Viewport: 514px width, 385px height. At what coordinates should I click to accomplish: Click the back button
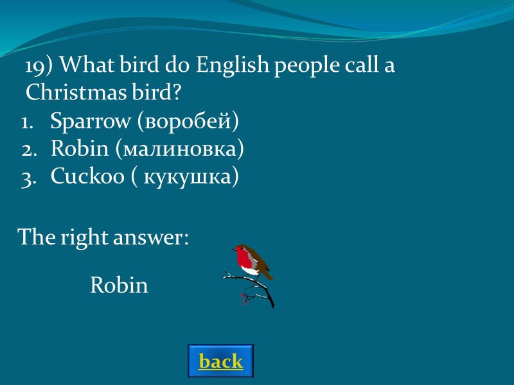[220, 361]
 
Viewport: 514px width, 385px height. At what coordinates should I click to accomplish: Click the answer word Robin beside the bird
[119, 285]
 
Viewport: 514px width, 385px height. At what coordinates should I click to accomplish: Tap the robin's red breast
[245, 261]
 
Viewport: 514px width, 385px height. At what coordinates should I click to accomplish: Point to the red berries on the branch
[244, 296]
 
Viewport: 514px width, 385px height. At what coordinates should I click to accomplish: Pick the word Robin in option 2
[79, 149]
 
